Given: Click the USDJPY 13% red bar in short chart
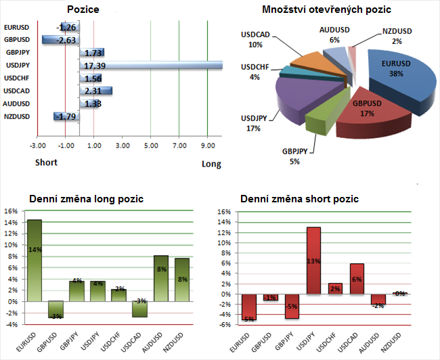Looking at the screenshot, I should pos(313,261).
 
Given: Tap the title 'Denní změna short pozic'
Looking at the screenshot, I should pos(300,199).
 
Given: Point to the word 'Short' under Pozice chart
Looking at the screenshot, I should pos(46,162).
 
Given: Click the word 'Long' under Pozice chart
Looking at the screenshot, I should pos(211,164).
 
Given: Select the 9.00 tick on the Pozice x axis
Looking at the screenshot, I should pos(208,146).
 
